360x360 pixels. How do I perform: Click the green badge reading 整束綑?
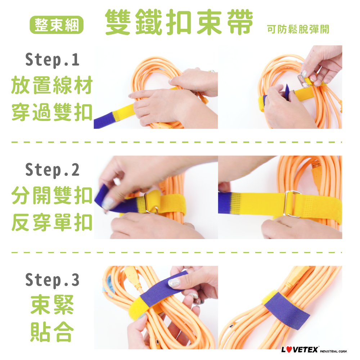(57, 25)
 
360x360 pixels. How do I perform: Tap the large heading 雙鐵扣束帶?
(179, 22)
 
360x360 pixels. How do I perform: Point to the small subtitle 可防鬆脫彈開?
(298, 29)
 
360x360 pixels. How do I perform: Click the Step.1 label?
(52, 60)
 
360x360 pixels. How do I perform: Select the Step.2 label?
(52, 170)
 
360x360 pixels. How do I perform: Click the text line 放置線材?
(52, 85)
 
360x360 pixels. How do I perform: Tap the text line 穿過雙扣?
(52, 112)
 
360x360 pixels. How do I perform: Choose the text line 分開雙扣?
(52, 195)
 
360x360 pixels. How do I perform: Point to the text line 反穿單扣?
(52, 222)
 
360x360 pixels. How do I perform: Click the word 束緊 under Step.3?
(52, 305)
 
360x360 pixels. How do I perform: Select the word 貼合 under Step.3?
(52, 332)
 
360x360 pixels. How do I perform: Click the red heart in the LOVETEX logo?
(289, 350)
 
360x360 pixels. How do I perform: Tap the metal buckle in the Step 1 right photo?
(304, 81)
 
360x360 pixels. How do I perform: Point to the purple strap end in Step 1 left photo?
(103, 121)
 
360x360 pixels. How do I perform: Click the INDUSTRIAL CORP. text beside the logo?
(333, 351)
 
